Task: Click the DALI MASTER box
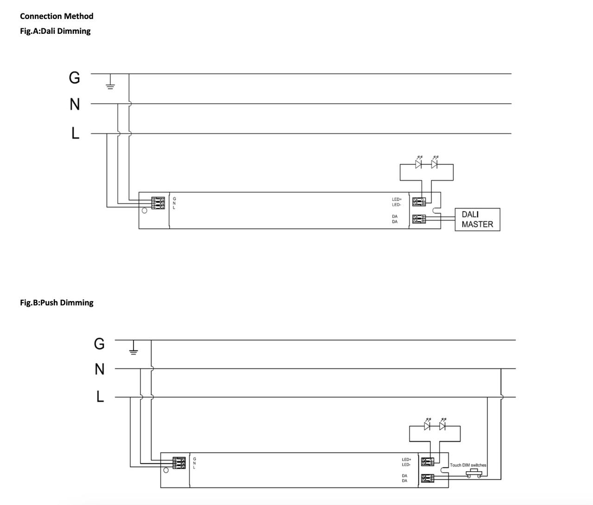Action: [477, 219]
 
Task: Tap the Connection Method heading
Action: [57, 16]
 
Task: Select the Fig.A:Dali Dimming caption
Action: [55, 31]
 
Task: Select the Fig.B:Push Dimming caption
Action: [57, 303]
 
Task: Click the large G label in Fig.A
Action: [74, 77]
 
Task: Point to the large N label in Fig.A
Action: [75, 105]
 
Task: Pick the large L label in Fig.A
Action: [76, 133]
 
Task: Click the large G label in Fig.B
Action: [99, 344]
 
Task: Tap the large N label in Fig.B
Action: [100, 369]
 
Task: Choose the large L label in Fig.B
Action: [100, 397]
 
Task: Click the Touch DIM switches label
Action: [468, 465]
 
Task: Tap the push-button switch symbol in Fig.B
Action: [473, 473]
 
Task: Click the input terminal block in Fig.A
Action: [158, 203]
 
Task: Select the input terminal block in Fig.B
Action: [179, 463]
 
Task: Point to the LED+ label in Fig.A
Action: [397, 199]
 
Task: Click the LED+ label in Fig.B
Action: [406, 460]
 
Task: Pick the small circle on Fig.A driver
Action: [145, 211]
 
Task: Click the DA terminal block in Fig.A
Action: [419, 219]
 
